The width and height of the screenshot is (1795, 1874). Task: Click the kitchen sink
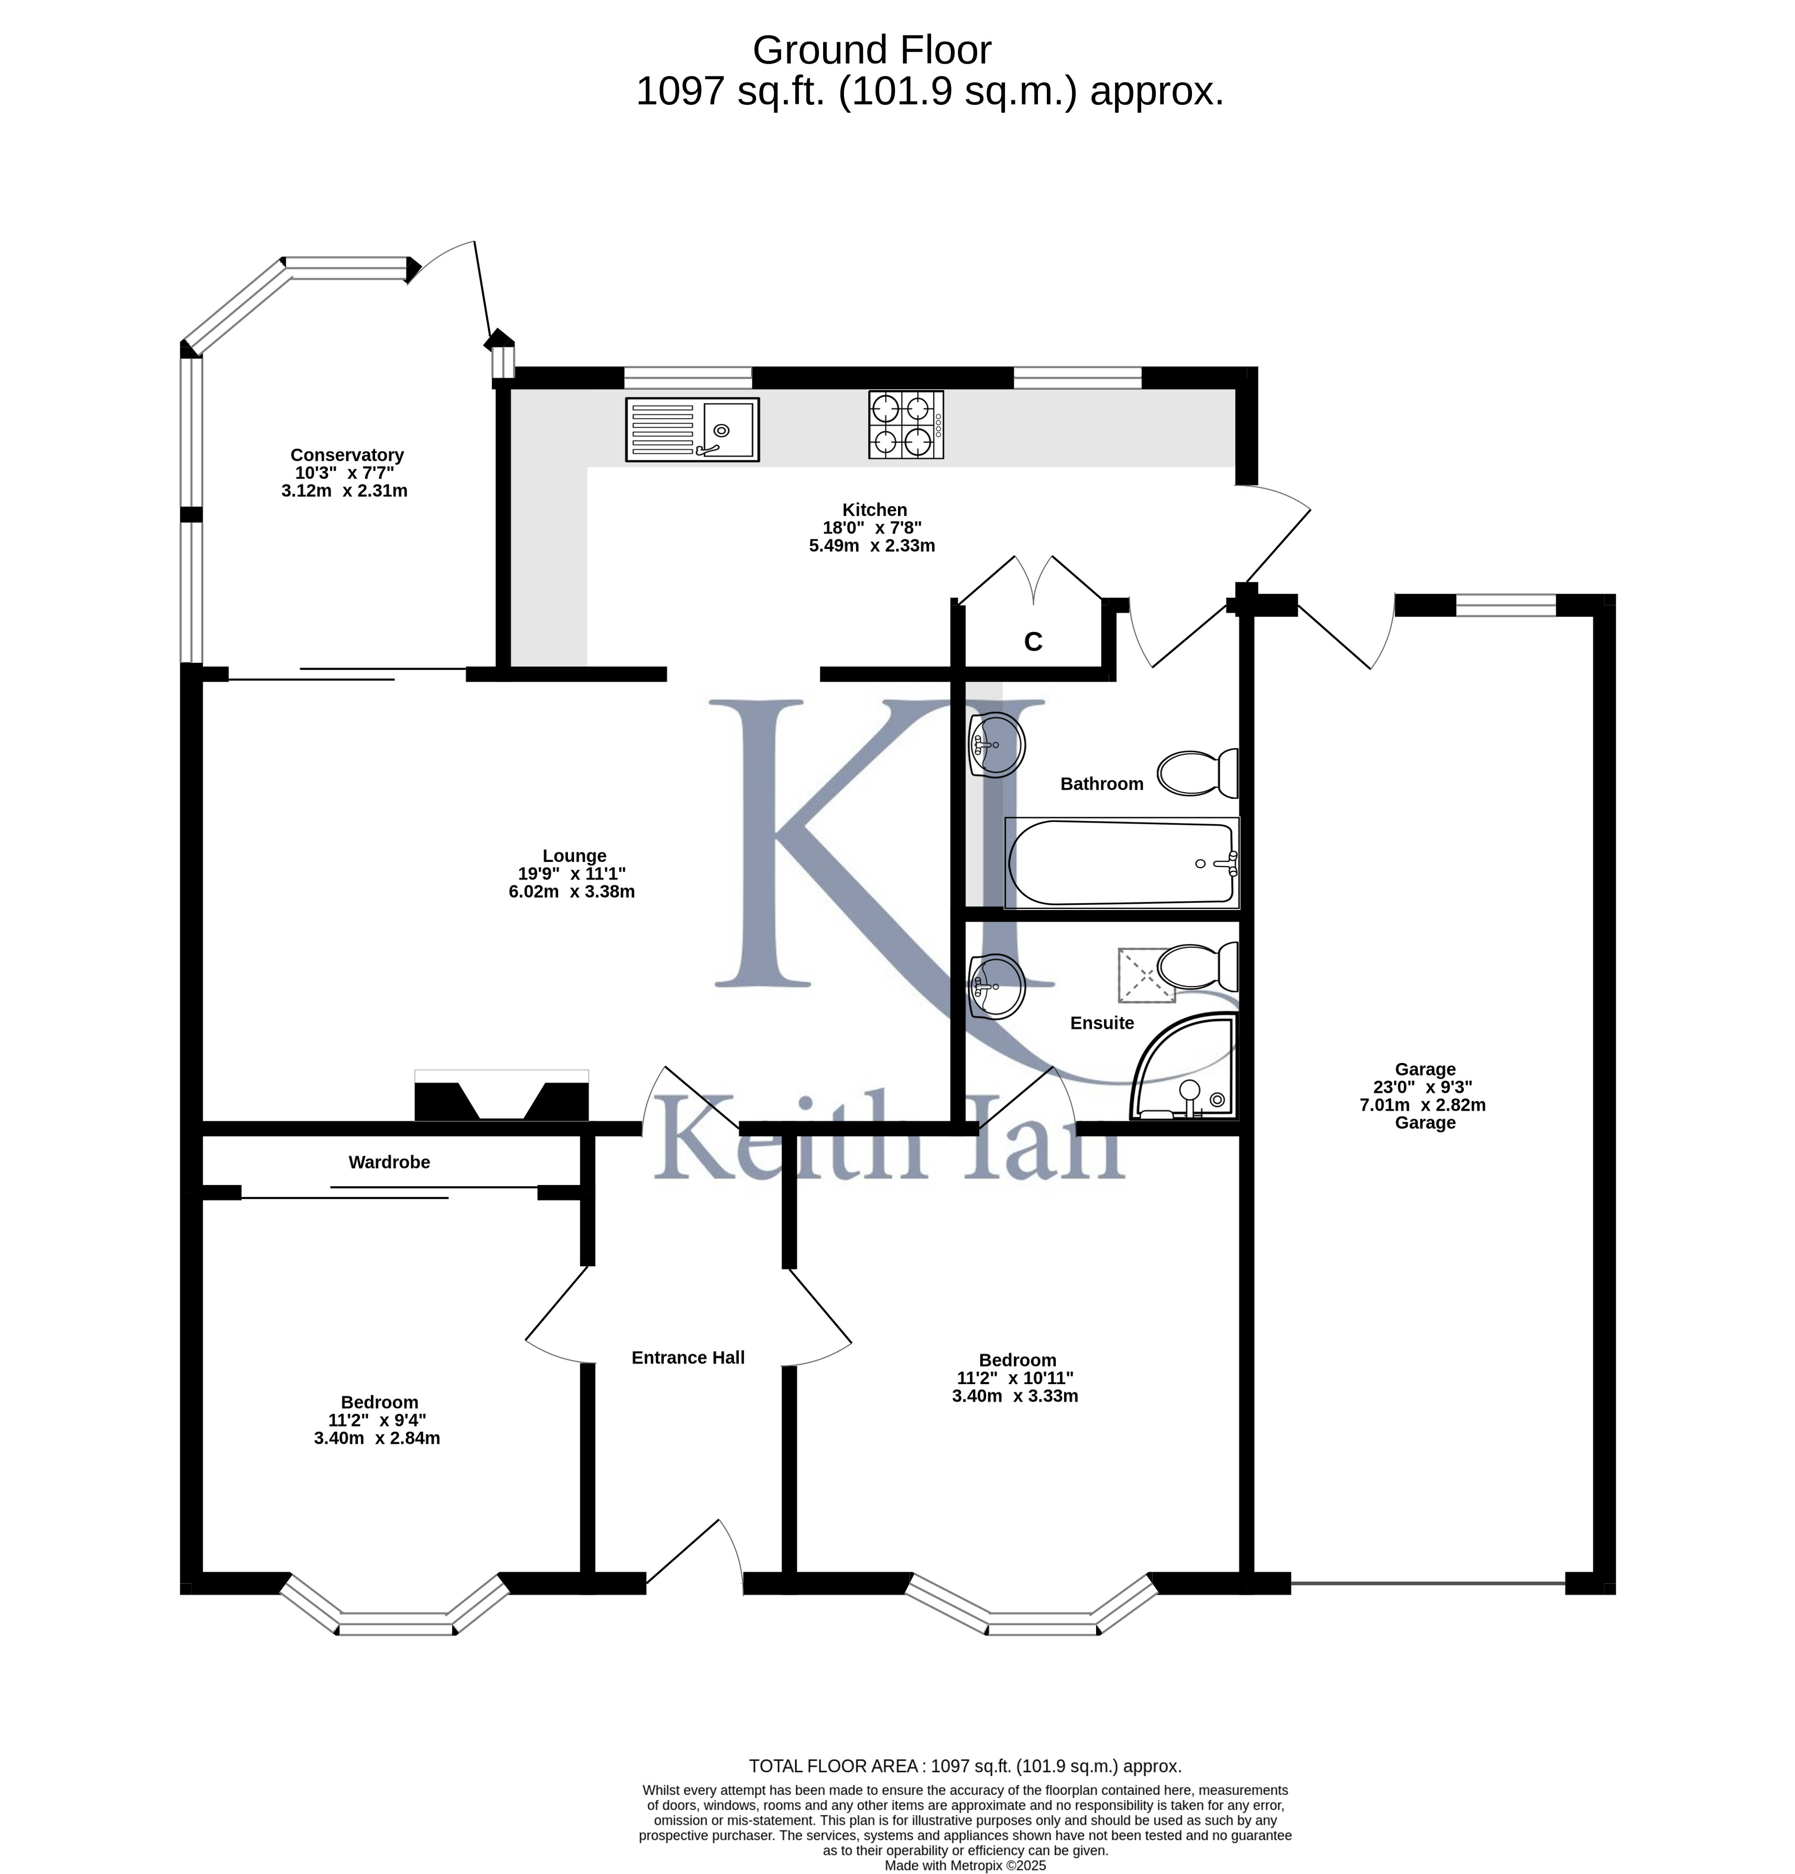[692, 429]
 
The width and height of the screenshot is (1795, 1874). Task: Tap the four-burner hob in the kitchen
[906, 424]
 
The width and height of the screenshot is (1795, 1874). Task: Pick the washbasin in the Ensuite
[997, 987]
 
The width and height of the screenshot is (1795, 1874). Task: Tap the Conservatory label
[347, 455]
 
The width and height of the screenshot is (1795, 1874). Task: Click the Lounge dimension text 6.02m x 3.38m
[572, 891]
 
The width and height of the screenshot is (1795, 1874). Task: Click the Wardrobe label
[389, 1161]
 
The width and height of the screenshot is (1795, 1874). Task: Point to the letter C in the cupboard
[1033, 642]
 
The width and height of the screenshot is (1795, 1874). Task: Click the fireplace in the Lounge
[501, 1095]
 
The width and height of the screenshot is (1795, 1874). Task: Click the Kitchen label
[874, 510]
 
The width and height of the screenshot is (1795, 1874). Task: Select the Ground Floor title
[872, 50]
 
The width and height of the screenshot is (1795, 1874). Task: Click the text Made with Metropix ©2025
[965, 1865]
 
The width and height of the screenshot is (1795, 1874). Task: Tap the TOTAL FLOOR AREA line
[965, 1766]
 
